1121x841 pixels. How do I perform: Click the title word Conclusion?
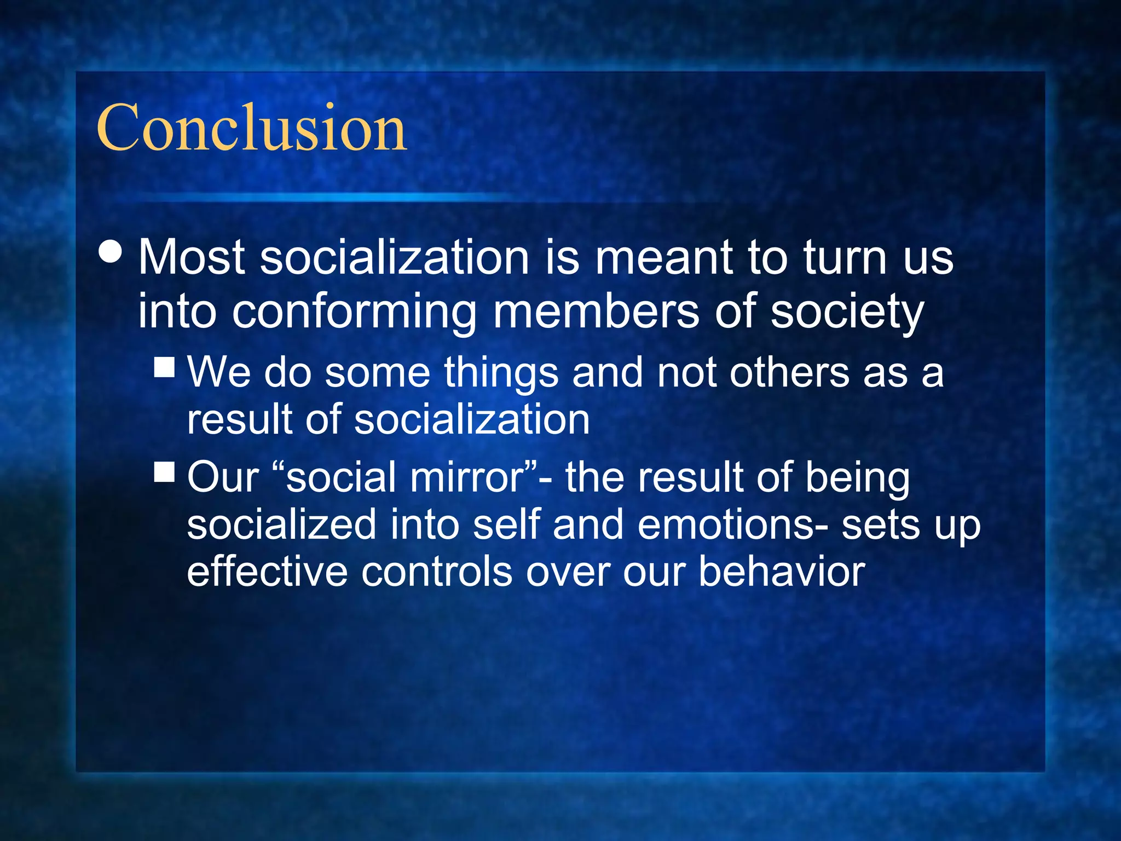point(252,128)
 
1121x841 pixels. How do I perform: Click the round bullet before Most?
point(111,252)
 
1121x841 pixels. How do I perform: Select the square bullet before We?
point(164,367)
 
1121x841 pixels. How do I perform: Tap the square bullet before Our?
point(164,471)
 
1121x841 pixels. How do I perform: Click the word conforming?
point(354,312)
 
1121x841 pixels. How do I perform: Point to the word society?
point(847,312)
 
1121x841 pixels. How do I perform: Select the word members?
point(596,311)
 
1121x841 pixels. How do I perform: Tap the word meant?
point(663,257)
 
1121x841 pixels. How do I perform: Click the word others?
point(789,372)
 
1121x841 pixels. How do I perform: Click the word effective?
point(267,572)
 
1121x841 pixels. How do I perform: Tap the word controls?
point(436,572)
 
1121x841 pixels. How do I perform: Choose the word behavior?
point(782,572)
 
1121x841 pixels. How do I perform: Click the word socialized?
point(281,525)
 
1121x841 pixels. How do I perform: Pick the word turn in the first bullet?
point(845,257)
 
